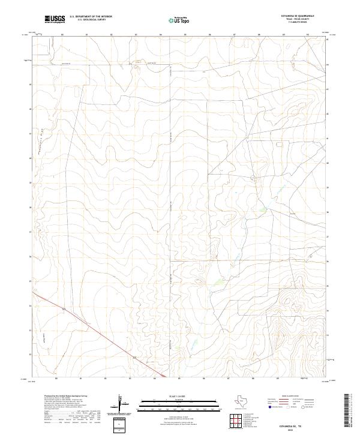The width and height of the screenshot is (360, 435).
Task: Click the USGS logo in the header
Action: pyautogui.click(x=55, y=19)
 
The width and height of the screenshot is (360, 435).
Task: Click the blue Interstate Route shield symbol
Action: pyautogui.click(x=269, y=406)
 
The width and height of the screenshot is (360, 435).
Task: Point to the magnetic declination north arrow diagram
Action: pyautogui.click(x=121, y=403)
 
